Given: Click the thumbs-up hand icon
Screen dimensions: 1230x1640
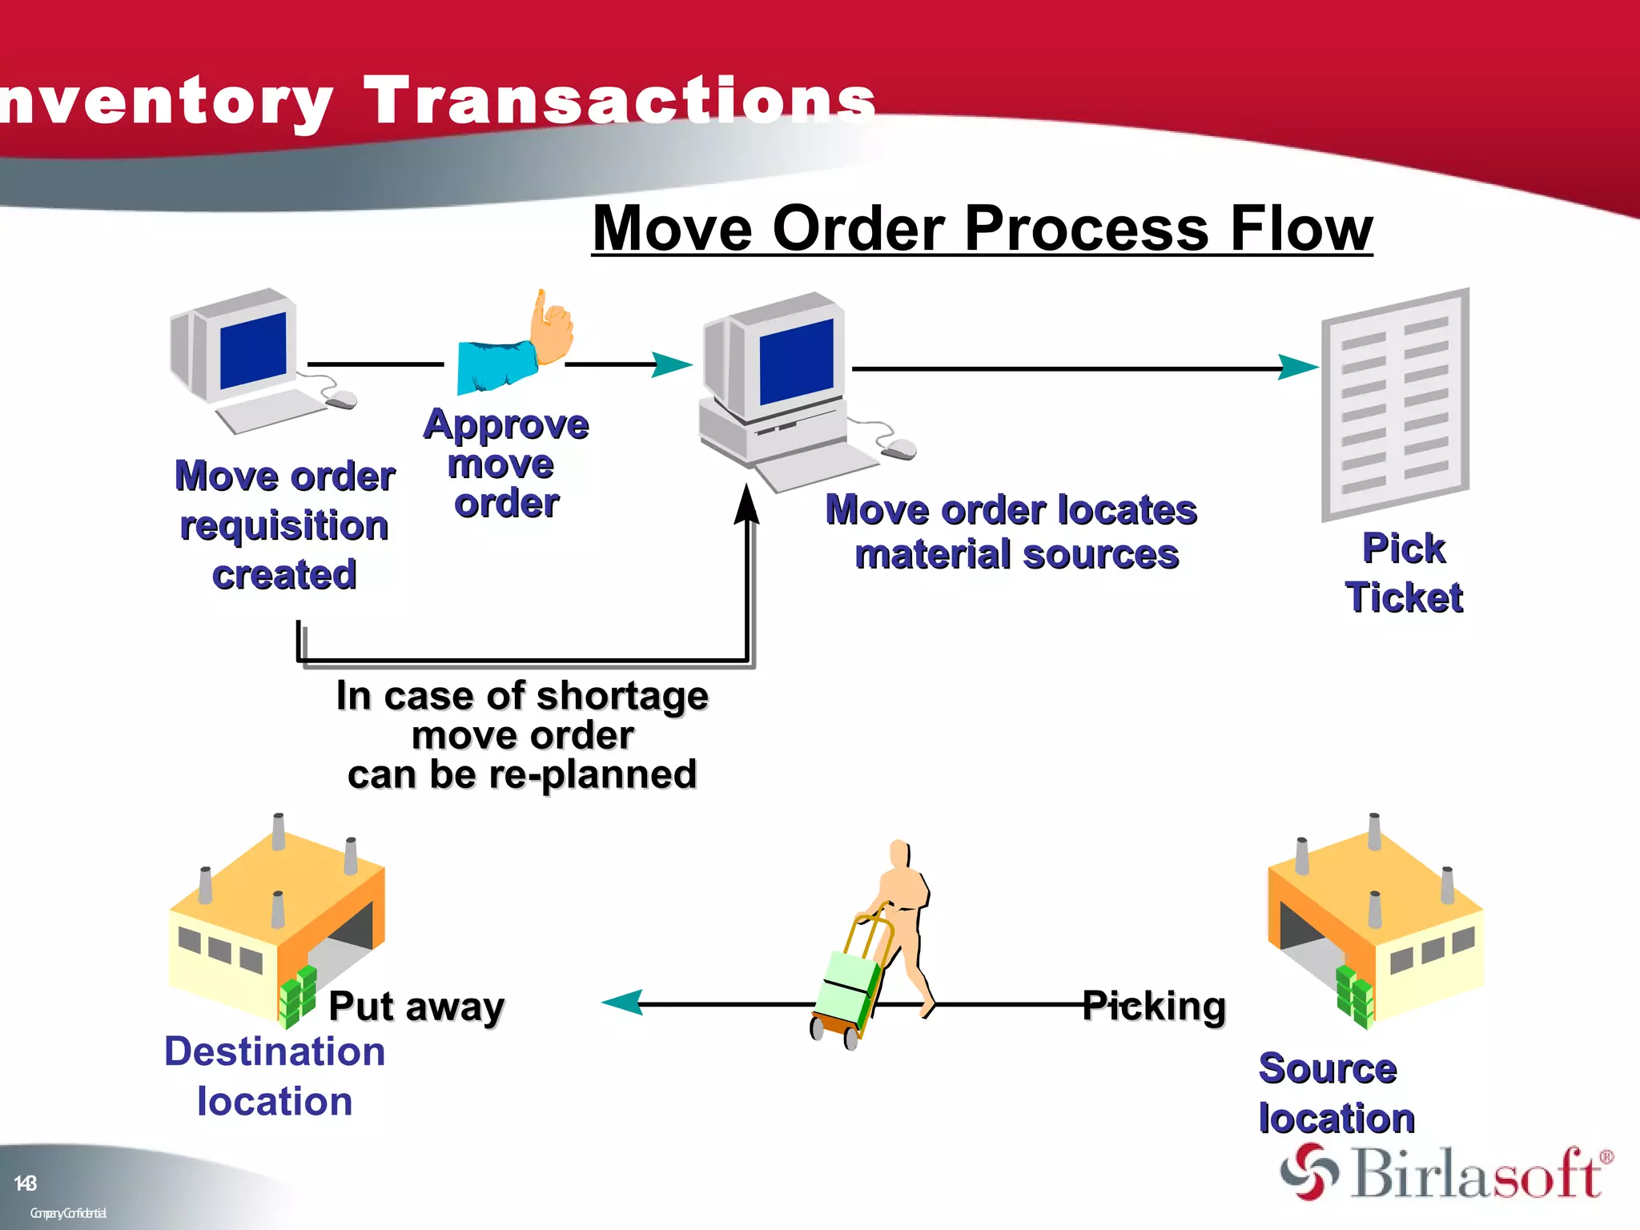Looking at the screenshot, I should click(x=552, y=328).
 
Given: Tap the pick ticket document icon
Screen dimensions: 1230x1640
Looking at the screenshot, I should click(x=1395, y=404).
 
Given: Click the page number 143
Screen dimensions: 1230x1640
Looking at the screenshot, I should click(x=25, y=1183).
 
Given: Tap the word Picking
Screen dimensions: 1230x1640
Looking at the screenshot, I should click(x=1154, y=1006).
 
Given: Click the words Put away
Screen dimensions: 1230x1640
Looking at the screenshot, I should click(x=416, y=1006).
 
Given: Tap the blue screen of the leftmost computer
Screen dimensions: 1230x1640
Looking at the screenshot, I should click(x=253, y=351).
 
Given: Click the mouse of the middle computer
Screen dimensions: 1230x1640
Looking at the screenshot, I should click(x=899, y=449).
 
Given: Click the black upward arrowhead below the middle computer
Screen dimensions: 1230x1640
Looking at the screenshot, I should click(x=747, y=504).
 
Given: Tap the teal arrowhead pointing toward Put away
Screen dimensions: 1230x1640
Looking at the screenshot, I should click(x=623, y=1002).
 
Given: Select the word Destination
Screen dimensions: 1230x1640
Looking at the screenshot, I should click(x=275, y=1051).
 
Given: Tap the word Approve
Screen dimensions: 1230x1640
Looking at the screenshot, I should click(x=506, y=424).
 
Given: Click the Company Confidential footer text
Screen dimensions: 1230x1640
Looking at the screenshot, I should click(x=68, y=1212).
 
